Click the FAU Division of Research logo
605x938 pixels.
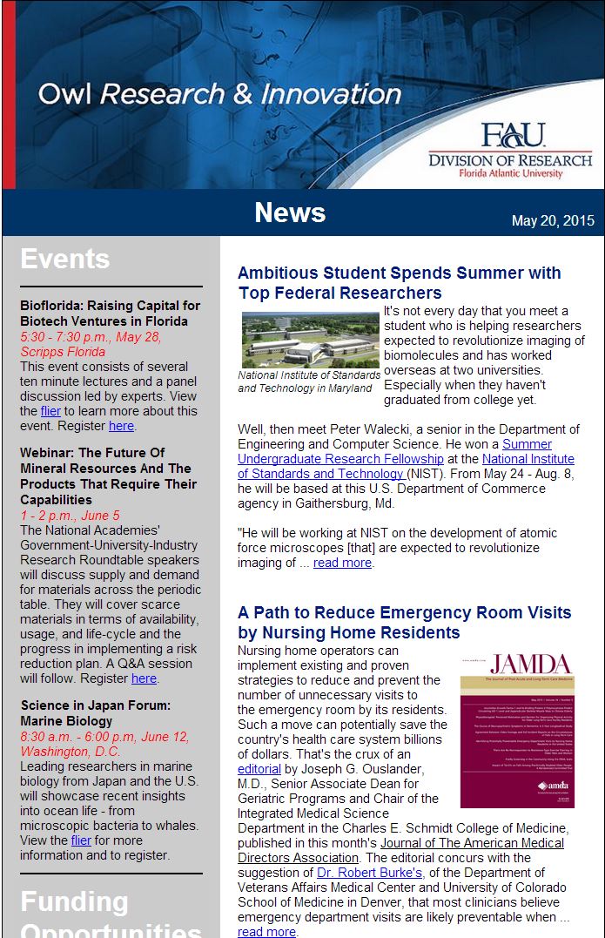point(510,151)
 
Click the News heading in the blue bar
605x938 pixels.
point(290,213)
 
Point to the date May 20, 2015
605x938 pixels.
point(553,220)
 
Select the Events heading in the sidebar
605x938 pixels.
point(65,260)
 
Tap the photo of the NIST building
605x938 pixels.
point(310,339)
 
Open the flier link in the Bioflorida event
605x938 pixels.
point(50,411)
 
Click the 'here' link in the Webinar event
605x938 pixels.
point(144,678)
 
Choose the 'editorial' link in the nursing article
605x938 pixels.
point(259,769)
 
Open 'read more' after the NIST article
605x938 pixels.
point(342,563)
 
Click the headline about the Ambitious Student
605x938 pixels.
point(399,283)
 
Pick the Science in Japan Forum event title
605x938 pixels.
point(95,713)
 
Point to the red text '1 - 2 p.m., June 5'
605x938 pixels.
point(70,516)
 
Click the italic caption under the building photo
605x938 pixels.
point(306,381)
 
